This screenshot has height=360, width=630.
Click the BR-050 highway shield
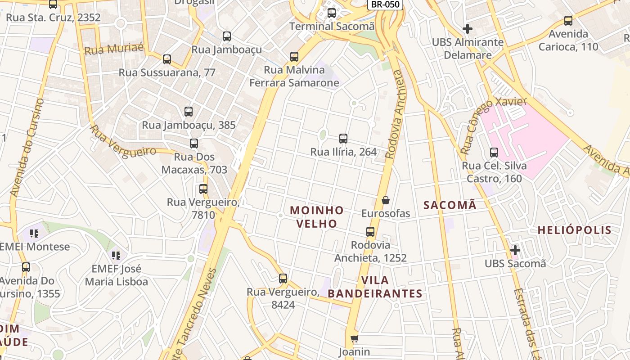click(385, 4)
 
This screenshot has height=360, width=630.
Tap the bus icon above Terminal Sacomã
click(332, 13)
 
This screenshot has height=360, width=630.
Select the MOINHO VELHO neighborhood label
click(317, 216)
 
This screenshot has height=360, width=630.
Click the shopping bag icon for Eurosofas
click(385, 200)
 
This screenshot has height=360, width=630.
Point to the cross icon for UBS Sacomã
click(515, 250)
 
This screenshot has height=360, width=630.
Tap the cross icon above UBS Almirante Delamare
click(468, 29)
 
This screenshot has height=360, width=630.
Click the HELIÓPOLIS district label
click(575, 230)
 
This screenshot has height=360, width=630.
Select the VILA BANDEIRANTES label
click(375, 287)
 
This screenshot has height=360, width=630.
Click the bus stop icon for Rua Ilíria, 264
click(343, 139)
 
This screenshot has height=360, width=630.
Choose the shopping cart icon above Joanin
click(354, 338)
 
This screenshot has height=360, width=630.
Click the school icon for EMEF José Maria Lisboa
click(116, 256)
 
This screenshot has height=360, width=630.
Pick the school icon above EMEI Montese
click(34, 233)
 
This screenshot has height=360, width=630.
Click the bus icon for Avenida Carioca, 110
click(568, 20)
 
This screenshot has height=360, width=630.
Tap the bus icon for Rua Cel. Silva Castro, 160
click(494, 153)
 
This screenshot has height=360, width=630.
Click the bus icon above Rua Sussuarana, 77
click(167, 59)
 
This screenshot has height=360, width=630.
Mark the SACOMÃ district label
click(450, 205)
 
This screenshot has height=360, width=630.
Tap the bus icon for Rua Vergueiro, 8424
click(283, 279)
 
